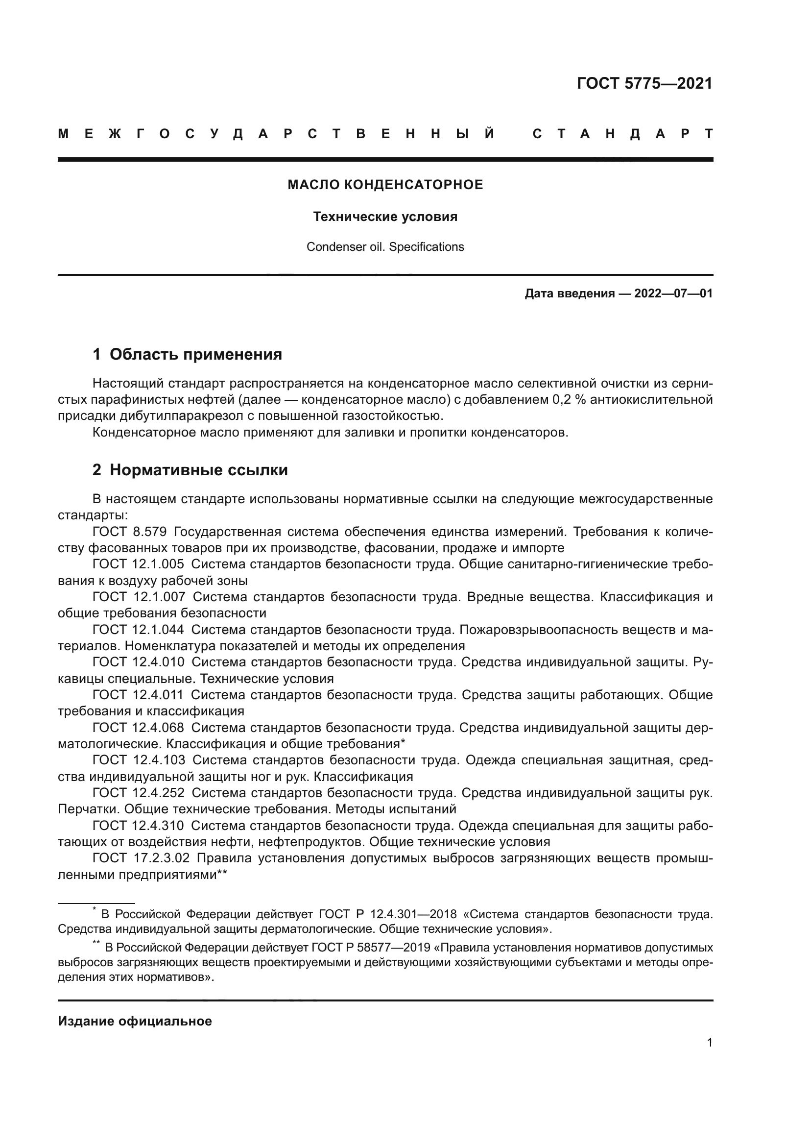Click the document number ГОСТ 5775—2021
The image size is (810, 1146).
(644, 83)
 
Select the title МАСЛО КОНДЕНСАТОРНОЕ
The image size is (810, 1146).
(385, 185)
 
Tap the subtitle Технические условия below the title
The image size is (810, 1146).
(385, 217)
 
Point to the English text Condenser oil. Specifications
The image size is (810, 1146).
(385, 247)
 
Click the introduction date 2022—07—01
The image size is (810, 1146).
(673, 293)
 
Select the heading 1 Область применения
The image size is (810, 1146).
(187, 354)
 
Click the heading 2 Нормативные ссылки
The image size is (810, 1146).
(190, 470)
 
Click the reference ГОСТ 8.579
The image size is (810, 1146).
(129, 532)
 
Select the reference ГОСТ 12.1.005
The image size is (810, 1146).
(138, 564)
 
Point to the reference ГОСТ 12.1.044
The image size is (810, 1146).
(138, 630)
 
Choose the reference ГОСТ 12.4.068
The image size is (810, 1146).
(138, 728)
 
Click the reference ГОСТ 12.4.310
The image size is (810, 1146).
(138, 826)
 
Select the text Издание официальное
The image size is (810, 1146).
(135, 1021)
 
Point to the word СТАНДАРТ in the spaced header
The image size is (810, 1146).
(623, 134)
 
